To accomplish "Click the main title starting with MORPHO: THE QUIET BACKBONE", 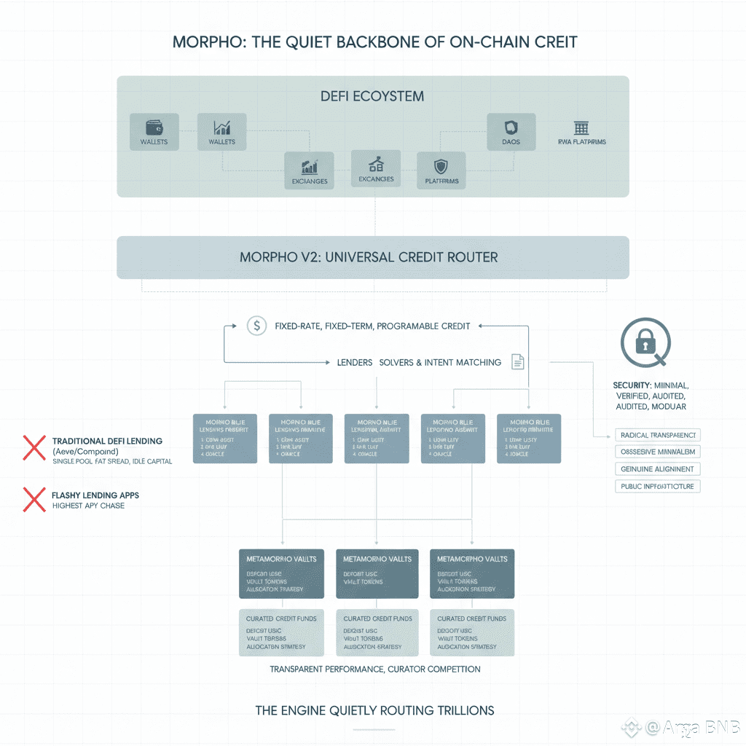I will point(374,42).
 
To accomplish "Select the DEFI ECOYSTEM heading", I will point(372,96).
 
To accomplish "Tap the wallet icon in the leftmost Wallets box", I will point(154,126).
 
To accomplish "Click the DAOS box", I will point(511,131).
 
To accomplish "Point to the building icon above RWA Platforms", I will point(581,128).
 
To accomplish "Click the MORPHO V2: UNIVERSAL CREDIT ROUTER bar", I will point(372,257).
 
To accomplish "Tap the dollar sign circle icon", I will point(256,326).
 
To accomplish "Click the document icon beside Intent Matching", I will point(518,361).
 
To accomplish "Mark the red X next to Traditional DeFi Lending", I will point(34,447).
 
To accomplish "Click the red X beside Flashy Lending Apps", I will point(34,499).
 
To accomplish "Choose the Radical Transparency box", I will point(658,435).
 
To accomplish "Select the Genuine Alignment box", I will point(658,468).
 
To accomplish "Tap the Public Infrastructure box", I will point(658,486).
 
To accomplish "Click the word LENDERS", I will point(355,362).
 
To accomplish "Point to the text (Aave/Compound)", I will point(85,452).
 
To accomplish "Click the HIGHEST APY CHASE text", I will point(88,506).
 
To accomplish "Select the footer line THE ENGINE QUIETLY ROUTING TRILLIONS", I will point(374,710).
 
